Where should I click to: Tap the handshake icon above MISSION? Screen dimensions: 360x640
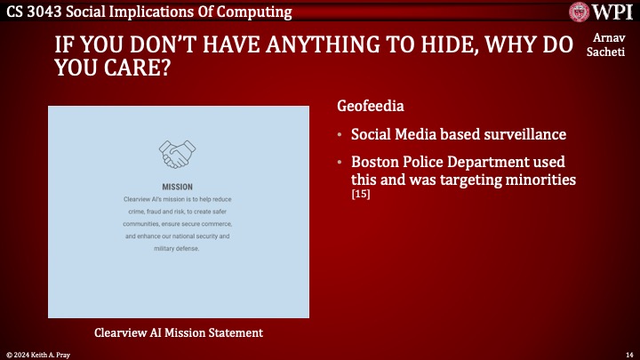tap(177, 154)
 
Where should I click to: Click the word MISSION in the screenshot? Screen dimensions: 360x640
tap(177, 188)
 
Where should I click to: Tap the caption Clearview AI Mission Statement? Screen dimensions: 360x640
tap(178, 332)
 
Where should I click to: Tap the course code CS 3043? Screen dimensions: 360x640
tap(32, 12)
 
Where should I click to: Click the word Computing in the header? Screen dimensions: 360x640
tap(255, 12)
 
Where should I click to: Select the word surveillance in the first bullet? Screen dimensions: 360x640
tap(520, 135)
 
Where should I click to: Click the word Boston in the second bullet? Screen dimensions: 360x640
tap(375, 163)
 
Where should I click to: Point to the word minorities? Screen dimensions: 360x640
tap(540, 179)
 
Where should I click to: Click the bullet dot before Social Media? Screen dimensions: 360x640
tap(340, 135)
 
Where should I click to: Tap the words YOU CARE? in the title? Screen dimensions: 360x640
tap(109, 69)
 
